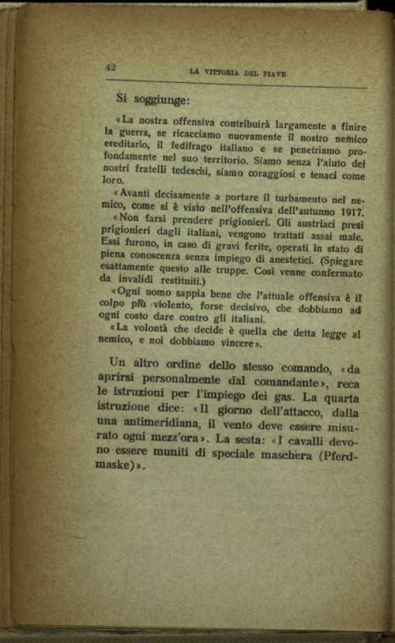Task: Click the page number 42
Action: tap(110, 66)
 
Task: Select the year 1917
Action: tap(348, 212)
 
